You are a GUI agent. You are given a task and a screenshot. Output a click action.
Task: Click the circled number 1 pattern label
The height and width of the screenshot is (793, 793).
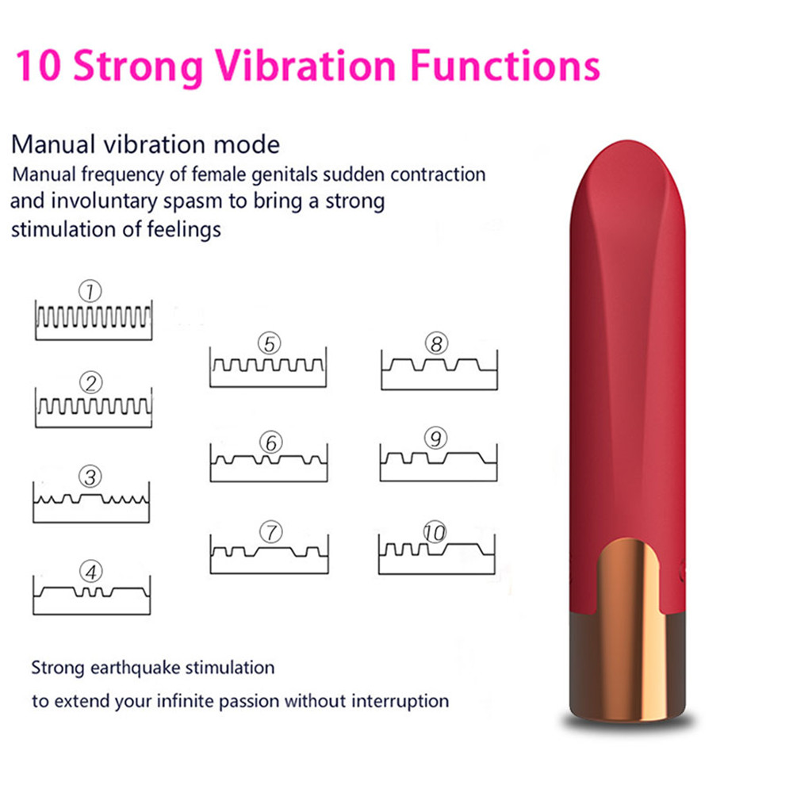[x=90, y=291]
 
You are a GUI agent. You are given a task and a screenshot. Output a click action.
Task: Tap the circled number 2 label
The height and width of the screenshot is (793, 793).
[x=91, y=383]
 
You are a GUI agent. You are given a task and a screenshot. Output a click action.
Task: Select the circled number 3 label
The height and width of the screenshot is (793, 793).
[x=90, y=477]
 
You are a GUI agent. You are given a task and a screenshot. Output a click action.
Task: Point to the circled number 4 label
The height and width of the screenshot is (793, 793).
[x=91, y=572]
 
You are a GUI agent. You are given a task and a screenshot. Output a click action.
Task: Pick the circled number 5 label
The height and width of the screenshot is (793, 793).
[x=270, y=344]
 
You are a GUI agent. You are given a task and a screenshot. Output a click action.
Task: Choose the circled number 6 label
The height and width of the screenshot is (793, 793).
[x=271, y=442]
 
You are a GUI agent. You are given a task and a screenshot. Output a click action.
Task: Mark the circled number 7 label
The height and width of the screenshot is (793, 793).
[x=271, y=532]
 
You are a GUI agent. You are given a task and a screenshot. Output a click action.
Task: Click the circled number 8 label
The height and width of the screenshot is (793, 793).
[x=436, y=344]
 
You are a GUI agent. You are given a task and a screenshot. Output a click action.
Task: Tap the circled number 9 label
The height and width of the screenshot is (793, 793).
[x=436, y=438]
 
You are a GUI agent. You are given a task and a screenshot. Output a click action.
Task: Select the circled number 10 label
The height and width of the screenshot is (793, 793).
[x=435, y=532]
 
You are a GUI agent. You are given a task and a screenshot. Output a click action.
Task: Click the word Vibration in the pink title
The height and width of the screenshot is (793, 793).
[x=306, y=66]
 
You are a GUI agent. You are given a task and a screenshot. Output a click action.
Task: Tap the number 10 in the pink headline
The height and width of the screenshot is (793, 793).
[x=39, y=66]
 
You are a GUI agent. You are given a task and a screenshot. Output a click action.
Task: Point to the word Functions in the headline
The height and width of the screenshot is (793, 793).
[x=504, y=66]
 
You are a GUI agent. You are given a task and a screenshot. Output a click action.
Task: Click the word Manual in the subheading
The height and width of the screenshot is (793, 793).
[x=53, y=144]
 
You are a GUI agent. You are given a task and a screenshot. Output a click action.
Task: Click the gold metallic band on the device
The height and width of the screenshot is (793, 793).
[x=629, y=630]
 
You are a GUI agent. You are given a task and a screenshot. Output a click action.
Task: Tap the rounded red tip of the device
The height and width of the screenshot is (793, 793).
[x=627, y=172]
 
